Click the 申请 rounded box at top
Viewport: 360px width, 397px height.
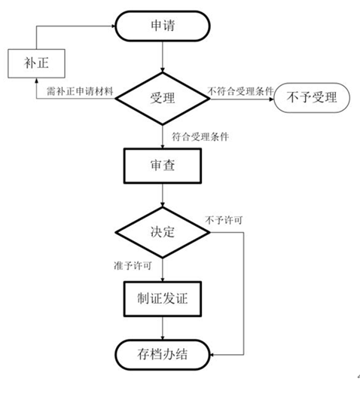coord(163,26)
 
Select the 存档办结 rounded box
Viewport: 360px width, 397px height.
coord(163,354)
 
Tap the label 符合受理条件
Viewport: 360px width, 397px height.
coord(200,136)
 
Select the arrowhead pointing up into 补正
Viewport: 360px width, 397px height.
coord(28,81)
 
